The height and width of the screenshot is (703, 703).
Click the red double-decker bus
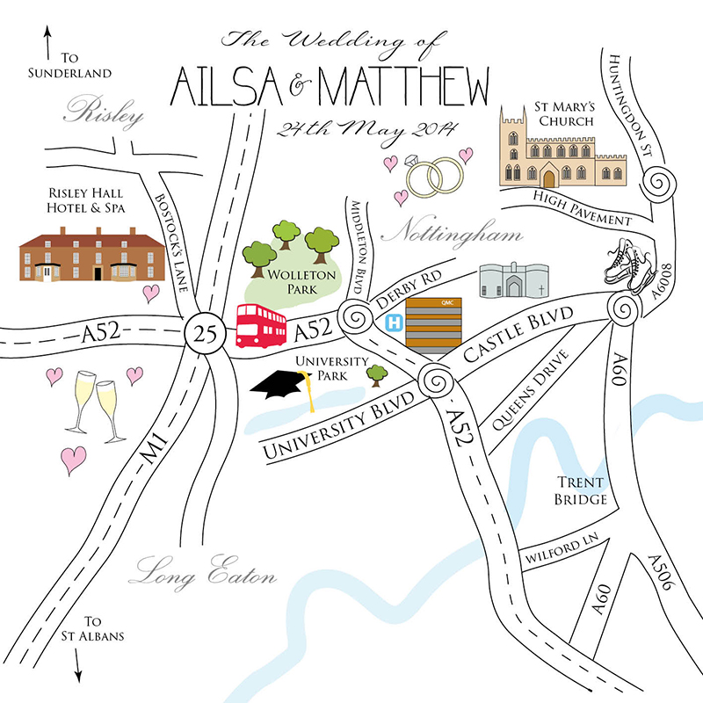tap(261, 327)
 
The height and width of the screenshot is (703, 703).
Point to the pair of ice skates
tap(629, 261)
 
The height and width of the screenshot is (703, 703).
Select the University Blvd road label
tap(337, 428)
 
